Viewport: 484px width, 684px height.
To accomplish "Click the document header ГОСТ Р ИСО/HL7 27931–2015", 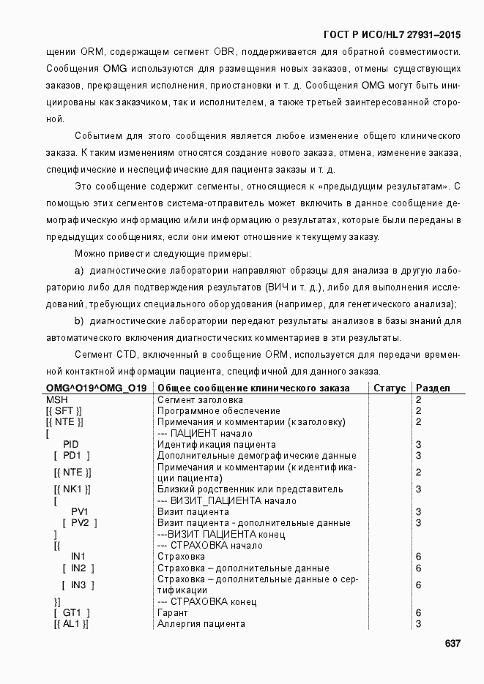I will click(x=392, y=34).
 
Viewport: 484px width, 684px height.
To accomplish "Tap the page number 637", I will click(x=452, y=643).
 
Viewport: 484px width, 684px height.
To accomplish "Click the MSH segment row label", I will click(x=56, y=400).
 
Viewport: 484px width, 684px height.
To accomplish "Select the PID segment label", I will click(x=71, y=445).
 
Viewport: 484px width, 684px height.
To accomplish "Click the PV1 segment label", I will click(x=80, y=511).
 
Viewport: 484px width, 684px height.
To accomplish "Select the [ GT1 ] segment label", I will click(x=72, y=612).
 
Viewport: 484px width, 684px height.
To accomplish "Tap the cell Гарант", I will click(x=173, y=612).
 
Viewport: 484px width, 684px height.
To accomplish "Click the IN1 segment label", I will click(x=78, y=557).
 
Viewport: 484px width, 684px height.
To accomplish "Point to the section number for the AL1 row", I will click(x=418, y=623).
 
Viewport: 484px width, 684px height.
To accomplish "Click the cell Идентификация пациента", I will click(x=217, y=445).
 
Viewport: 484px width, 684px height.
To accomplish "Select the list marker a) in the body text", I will click(x=79, y=269).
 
